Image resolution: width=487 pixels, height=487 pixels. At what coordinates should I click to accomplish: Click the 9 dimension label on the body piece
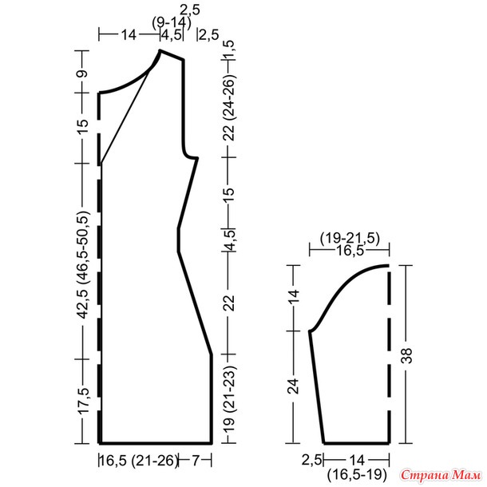tap(83, 73)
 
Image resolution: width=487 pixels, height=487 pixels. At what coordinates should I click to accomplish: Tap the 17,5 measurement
tap(83, 401)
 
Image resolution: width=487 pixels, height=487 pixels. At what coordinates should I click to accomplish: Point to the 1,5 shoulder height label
tap(230, 49)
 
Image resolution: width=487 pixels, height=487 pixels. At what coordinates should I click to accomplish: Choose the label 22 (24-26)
tap(230, 107)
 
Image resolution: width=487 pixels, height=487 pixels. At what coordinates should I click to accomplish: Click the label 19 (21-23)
tap(230, 400)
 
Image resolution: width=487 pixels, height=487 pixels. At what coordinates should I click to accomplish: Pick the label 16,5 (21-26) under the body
tap(139, 461)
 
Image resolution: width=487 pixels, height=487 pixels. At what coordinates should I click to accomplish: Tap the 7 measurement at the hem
tap(195, 461)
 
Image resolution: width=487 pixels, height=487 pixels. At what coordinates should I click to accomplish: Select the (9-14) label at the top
tap(172, 22)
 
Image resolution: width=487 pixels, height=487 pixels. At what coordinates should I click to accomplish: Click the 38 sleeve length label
tap(407, 355)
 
